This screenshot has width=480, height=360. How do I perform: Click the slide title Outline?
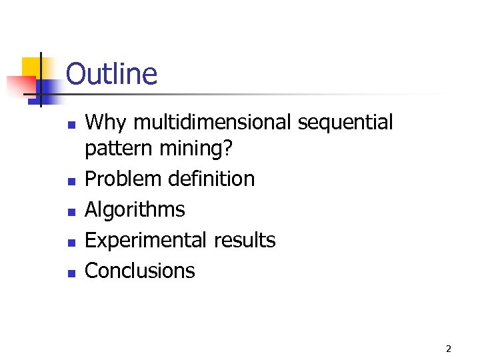[x=111, y=74]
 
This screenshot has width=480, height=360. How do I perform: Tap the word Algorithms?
[x=135, y=210]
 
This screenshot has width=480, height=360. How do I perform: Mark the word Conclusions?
[x=140, y=271]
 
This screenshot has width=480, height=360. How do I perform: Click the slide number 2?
[x=449, y=348]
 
